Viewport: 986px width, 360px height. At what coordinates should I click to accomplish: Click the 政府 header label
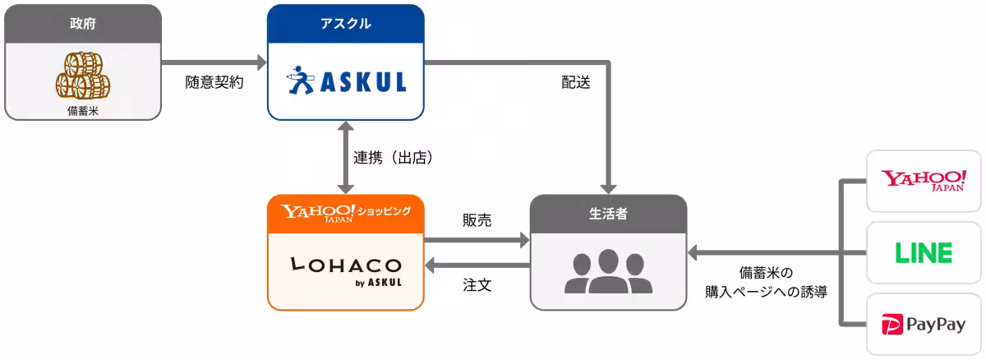pos(82,24)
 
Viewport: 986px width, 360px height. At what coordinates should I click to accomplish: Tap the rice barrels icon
pos(82,76)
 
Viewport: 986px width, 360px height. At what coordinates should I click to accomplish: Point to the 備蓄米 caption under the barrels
pos(82,110)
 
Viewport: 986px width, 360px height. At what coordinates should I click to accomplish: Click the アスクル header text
pos(345,24)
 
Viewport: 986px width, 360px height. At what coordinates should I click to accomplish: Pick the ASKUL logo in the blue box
pos(346,82)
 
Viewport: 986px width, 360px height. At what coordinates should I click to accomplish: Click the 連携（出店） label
pos(394,158)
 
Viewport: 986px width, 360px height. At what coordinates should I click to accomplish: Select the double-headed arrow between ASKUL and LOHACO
pos(345,158)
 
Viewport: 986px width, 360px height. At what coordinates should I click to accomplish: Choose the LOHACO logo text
pos(345,265)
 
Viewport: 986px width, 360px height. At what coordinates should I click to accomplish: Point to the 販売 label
pos(477,220)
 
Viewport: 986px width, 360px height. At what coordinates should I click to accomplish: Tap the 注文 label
pos(477,286)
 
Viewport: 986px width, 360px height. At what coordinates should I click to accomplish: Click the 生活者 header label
pos(608,213)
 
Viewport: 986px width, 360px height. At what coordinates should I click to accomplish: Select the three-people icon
pos(608,271)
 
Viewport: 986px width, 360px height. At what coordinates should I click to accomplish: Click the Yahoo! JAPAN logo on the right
pos(924,181)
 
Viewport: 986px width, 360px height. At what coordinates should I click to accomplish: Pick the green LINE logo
pos(924,253)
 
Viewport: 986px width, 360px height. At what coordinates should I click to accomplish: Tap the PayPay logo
pos(924,325)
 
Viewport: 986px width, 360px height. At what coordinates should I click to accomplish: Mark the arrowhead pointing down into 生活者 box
pos(609,187)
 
